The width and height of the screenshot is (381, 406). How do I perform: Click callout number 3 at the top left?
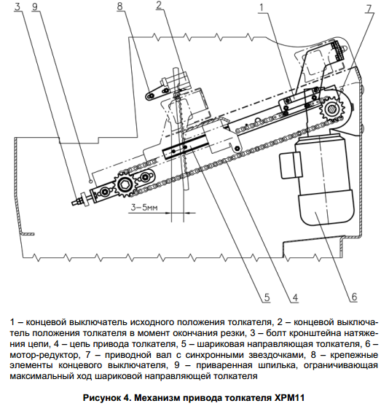[x=17, y=7]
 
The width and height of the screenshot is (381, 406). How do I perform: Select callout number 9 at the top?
[x=35, y=7]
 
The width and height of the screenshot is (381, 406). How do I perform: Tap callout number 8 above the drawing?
[x=119, y=6]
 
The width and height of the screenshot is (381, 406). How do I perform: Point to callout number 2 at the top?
[x=159, y=5]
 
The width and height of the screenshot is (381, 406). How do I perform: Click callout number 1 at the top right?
[x=262, y=7]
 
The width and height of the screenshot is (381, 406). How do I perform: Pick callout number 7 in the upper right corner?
[x=369, y=9]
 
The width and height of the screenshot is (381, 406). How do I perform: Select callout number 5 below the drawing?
[x=267, y=297]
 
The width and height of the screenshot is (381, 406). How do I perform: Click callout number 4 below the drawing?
[x=295, y=298]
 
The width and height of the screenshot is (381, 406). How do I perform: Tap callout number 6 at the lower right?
[x=354, y=297]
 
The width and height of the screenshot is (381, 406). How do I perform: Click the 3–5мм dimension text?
[x=144, y=208]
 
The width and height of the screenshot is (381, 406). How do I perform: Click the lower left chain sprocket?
[x=125, y=185]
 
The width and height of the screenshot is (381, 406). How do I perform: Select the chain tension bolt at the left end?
[x=81, y=201]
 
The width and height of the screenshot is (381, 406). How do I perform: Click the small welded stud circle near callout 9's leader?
[x=90, y=181]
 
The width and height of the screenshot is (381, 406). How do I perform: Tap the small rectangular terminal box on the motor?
[x=291, y=165]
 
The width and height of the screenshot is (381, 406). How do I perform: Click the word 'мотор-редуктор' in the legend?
[x=44, y=355]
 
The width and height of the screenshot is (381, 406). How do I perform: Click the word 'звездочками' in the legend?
[x=277, y=355]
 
